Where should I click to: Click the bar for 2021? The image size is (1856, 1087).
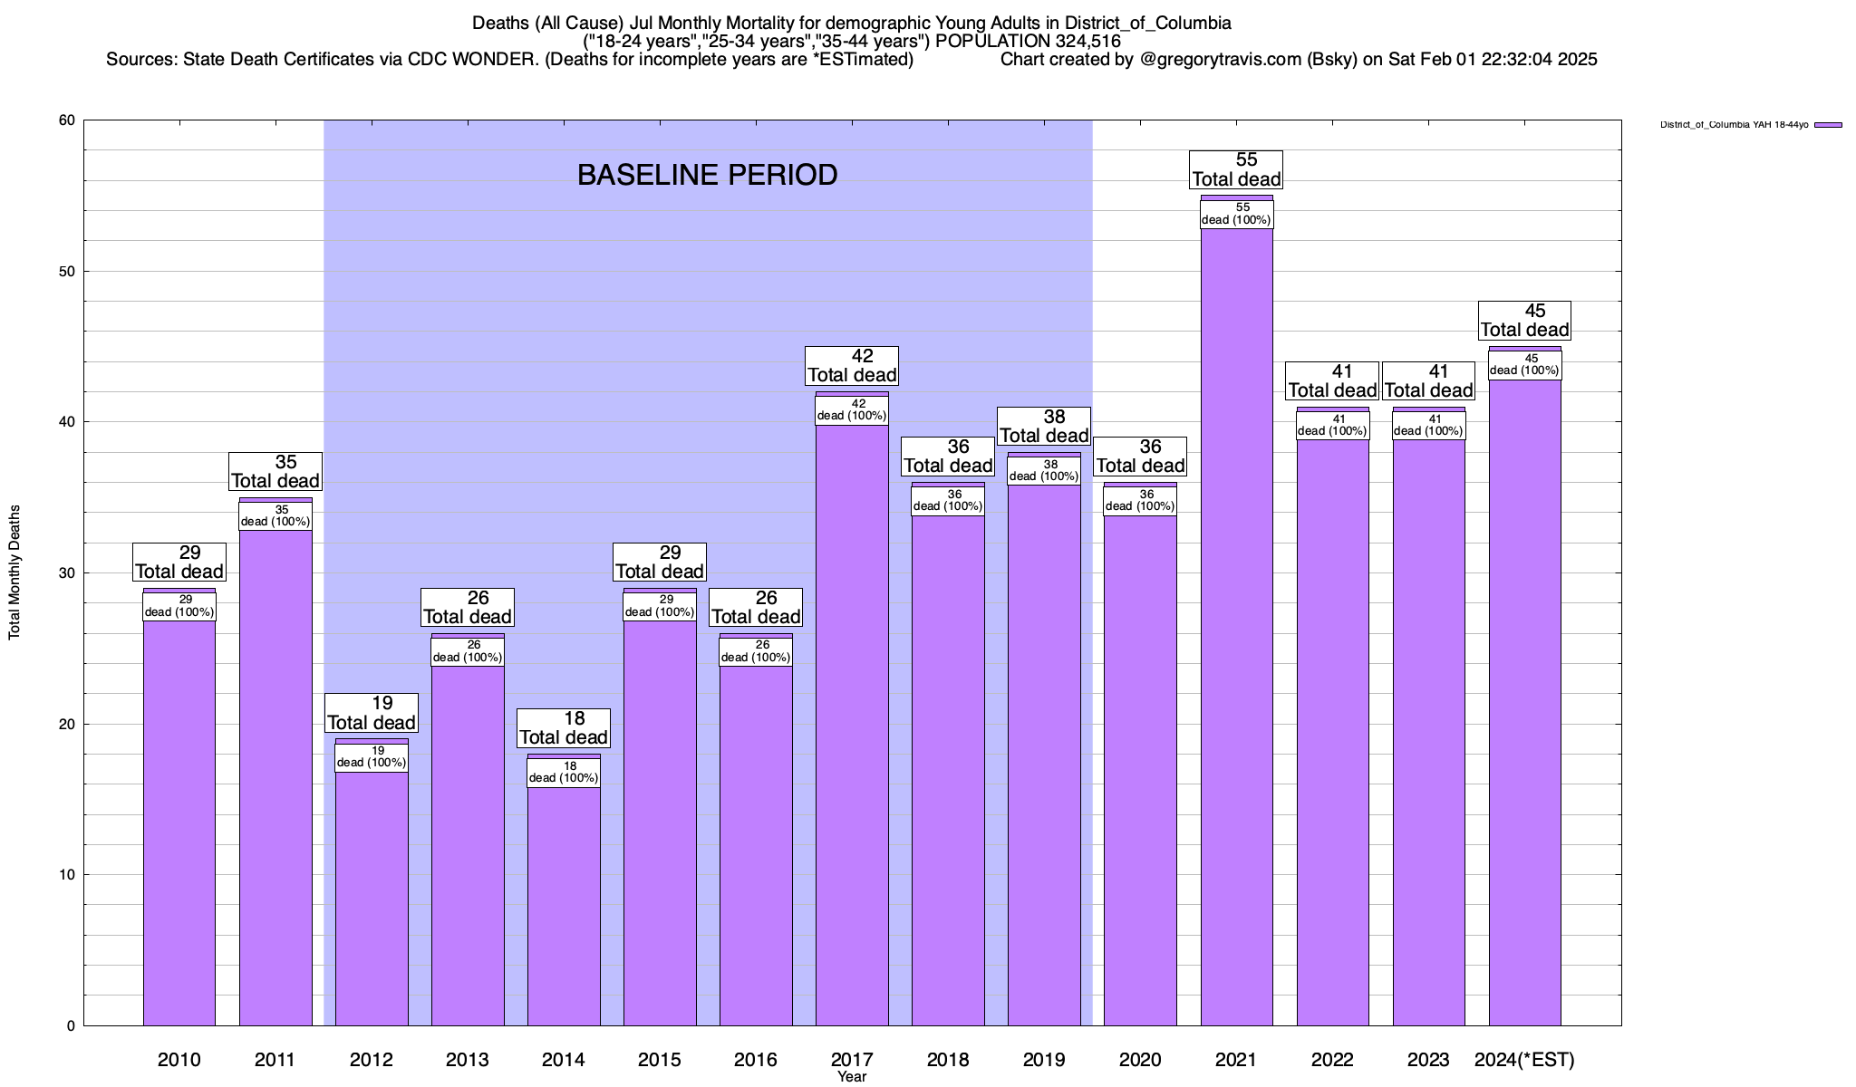click(1236, 634)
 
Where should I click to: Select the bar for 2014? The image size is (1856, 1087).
click(564, 906)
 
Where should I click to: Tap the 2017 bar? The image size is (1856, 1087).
click(852, 725)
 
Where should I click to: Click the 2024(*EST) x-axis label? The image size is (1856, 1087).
click(1524, 1059)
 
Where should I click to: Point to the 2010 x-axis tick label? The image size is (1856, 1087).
click(179, 1059)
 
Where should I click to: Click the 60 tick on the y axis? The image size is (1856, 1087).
click(65, 120)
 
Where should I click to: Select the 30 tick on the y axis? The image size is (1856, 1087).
click(65, 573)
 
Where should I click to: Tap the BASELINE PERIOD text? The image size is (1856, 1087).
click(707, 175)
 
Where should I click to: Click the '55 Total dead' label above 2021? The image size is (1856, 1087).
click(1236, 169)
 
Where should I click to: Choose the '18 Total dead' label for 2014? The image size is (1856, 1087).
click(564, 727)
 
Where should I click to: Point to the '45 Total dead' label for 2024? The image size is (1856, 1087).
click(1524, 321)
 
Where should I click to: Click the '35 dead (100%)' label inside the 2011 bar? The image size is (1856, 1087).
click(275, 515)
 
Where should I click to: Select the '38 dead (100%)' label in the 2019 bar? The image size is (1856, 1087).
click(1044, 470)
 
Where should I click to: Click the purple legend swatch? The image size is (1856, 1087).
click(1828, 125)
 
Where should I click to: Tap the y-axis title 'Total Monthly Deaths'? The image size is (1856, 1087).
click(14, 572)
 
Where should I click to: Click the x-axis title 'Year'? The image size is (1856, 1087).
click(852, 1077)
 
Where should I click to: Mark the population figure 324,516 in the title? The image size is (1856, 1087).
click(1087, 42)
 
